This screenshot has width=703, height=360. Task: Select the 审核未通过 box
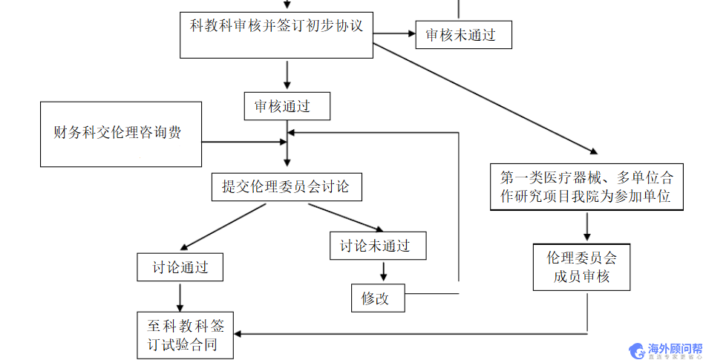pos(462,34)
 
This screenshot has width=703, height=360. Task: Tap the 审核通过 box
pos(287,106)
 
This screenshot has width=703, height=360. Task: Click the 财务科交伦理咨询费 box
pos(121,134)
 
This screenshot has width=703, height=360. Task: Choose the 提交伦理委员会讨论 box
pos(287,186)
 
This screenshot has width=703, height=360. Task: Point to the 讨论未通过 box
pos(378,246)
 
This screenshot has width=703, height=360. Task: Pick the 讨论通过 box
pos(180,267)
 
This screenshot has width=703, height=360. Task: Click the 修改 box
pos(379,298)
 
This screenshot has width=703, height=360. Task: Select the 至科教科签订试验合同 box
pos(185,336)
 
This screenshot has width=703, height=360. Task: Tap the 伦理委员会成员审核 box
pos(581,267)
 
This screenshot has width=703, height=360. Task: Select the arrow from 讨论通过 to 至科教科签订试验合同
pos(180,297)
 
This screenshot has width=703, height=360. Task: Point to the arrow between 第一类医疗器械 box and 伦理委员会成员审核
pos(586,227)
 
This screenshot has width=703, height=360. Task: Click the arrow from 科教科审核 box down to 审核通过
pos(287,75)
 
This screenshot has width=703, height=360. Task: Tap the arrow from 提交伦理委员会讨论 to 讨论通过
pos(223,226)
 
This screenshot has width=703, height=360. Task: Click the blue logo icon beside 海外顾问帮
pos(636,350)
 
